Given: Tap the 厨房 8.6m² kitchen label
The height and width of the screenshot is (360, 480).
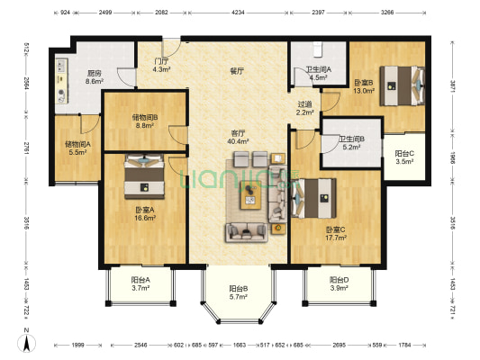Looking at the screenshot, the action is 95,77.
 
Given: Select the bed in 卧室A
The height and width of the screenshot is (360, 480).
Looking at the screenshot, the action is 144,176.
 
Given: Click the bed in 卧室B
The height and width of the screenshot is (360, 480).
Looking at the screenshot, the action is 403,85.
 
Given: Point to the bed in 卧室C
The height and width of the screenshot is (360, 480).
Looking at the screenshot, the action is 313,198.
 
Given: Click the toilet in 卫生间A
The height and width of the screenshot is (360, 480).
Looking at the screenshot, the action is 318,49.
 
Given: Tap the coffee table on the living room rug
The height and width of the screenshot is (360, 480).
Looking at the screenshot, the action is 250,195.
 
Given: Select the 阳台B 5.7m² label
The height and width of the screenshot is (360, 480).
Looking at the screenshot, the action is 238,292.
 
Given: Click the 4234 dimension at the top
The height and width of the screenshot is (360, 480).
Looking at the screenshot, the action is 238,13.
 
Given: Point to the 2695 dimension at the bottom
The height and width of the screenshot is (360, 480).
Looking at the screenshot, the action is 339,345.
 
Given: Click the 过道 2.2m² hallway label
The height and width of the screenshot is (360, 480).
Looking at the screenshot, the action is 304,108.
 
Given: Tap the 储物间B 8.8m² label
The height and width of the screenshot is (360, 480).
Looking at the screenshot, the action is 145,121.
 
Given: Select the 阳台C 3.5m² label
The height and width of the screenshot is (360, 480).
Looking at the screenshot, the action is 404,157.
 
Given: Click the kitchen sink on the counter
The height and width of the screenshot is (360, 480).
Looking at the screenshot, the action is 61,66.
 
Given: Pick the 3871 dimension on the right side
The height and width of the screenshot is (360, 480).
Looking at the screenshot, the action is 452,86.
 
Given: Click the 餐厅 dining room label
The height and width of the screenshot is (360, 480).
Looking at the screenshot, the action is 237,71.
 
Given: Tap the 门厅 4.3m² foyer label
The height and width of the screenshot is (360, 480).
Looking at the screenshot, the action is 161,65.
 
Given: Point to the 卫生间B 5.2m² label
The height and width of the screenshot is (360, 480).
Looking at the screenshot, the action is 351,143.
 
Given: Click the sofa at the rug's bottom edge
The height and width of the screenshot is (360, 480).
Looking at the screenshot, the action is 247,232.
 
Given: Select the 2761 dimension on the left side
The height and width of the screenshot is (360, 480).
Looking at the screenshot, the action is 26,147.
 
